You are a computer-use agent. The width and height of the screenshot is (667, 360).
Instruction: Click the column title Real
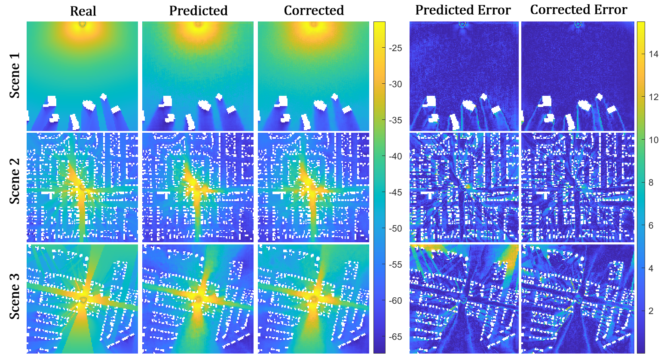83,11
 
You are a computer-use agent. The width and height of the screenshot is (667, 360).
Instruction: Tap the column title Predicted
198,11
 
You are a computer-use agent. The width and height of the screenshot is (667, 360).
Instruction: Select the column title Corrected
314,11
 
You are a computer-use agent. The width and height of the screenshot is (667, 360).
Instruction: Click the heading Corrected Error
578,10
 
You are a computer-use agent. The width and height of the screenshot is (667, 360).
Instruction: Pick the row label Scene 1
15,80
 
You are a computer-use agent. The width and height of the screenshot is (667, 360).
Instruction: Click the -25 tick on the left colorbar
395,48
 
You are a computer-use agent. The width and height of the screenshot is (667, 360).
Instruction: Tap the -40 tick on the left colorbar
395,156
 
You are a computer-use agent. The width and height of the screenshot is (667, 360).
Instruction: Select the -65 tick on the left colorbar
395,337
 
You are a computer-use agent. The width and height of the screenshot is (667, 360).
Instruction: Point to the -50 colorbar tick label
395,229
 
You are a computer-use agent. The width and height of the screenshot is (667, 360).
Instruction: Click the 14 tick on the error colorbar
653,54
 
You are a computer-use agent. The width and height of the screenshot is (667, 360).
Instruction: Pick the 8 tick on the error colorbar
651,183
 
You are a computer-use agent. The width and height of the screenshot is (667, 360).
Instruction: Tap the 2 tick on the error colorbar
651,311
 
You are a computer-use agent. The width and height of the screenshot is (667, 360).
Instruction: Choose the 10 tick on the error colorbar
653,140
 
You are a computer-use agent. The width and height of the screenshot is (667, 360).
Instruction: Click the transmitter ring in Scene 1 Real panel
83,24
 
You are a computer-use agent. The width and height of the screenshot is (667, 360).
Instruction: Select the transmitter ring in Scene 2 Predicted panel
198,188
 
